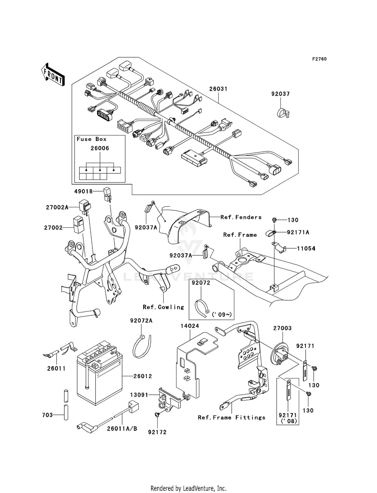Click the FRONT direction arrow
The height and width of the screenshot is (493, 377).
point(53,75)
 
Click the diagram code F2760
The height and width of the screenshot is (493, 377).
point(319,59)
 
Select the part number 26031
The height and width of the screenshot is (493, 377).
point(218,89)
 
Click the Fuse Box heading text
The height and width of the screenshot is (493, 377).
point(91,139)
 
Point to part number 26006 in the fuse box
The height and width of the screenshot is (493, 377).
point(100,149)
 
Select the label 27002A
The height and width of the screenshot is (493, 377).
point(57,208)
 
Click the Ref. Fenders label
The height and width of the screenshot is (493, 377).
point(241,217)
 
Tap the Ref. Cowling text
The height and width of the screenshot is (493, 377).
point(163,307)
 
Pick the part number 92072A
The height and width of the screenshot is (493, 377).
point(141,321)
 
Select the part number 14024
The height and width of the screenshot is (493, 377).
point(190,326)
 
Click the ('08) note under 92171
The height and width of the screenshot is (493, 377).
point(289,421)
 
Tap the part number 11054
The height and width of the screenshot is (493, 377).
point(306,249)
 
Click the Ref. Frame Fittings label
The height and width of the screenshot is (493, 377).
point(231,418)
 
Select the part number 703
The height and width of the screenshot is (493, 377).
point(48,415)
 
